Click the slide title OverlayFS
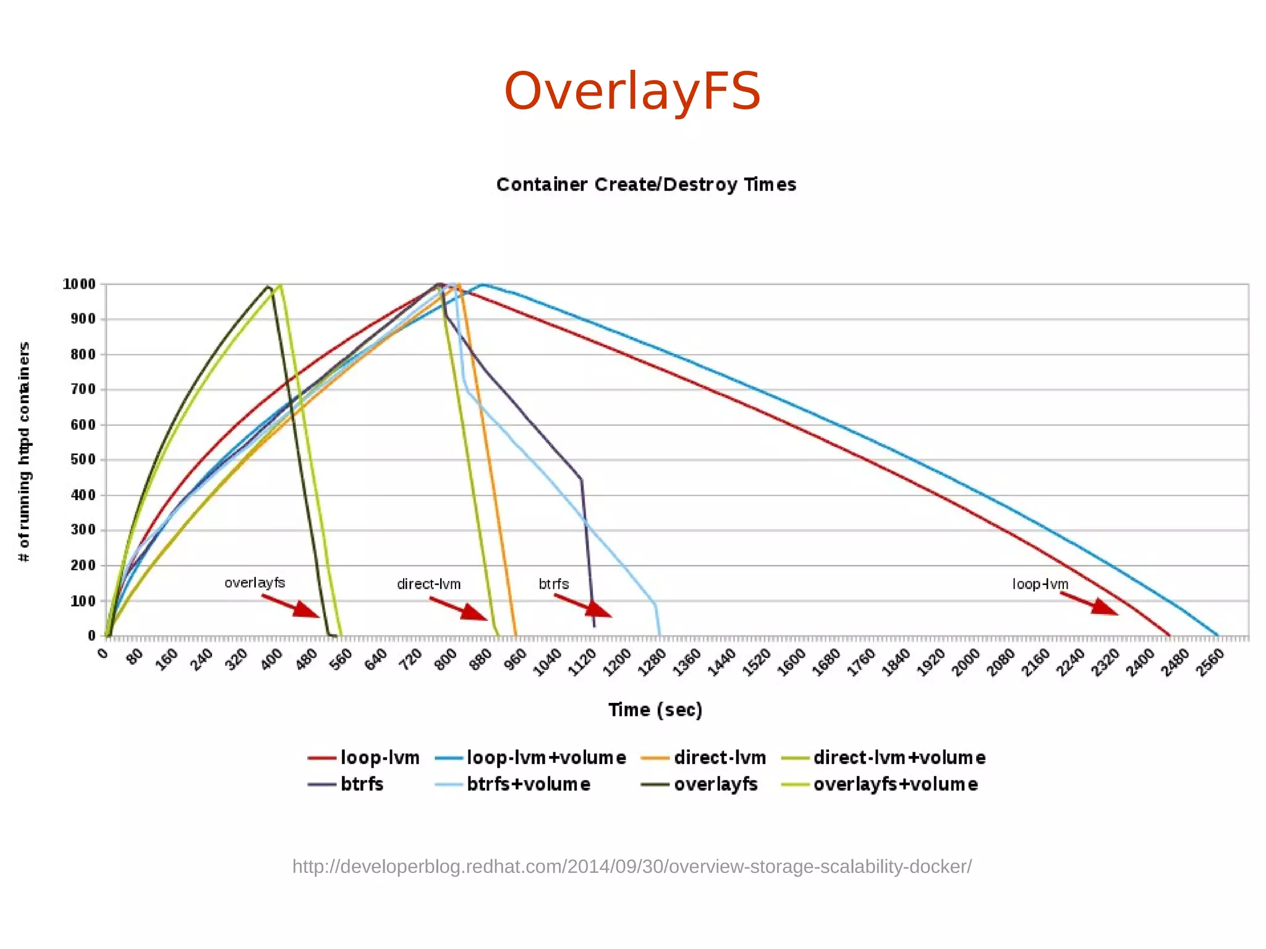(632, 91)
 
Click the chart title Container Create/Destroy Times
(646, 184)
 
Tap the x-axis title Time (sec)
(655, 710)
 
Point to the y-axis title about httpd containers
(24, 451)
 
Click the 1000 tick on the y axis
(79, 284)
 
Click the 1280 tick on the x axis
(651, 662)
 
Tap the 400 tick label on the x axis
(271, 660)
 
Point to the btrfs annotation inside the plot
(553, 584)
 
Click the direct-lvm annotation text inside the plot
(428, 584)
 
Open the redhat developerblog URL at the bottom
(632, 866)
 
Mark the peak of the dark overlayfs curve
(268, 287)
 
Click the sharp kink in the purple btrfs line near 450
(581, 479)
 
